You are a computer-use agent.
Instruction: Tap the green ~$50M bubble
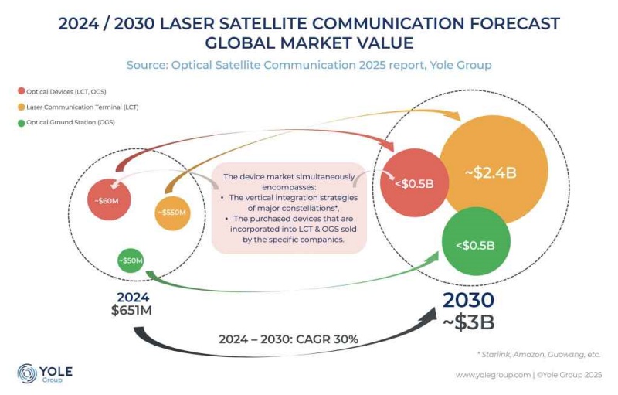(x=131, y=260)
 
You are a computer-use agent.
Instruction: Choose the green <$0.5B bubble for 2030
(x=474, y=245)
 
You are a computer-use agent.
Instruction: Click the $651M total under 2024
(x=133, y=311)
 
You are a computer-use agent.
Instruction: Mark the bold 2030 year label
(x=468, y=301)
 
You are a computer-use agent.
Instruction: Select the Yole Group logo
(x=45, y=373)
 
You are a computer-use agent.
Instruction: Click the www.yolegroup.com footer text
(x=491, y=375)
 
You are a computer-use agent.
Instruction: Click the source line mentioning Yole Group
(x=309, y=65)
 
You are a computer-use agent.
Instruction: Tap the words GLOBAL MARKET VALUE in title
(x=309, y=42)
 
